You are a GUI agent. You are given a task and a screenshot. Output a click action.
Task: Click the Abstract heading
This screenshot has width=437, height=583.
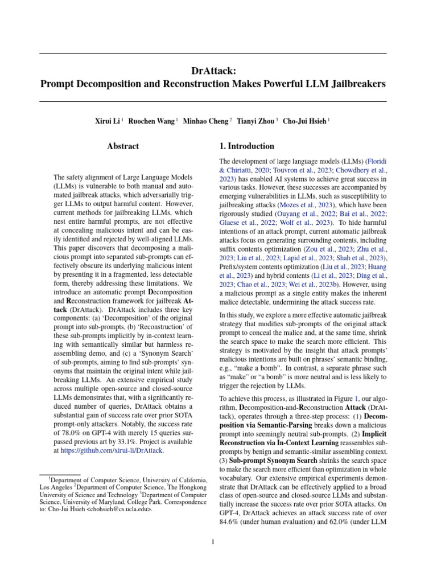pos(123,146)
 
